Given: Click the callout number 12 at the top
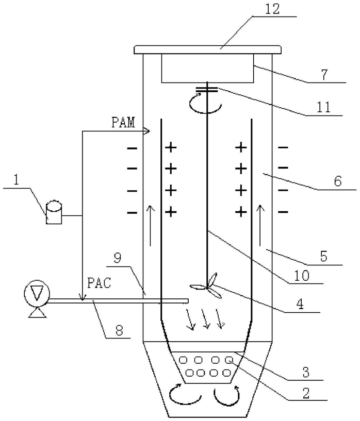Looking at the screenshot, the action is pyautogui.click(x=272, y=9).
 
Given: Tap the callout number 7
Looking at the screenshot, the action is pyautogui.click(x=324, y=74).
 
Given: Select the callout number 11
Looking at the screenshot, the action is pyautogui.click(x=323, y=107).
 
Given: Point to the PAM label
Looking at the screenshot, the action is pyautogui.click(x=123, y=123).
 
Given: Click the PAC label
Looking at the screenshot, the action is pyautogui.click(x=99, y=283).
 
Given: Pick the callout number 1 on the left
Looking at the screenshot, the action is pyautogui.click(x=17, y=180).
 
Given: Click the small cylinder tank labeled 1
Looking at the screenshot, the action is pyautogui.click(x=54, y=212).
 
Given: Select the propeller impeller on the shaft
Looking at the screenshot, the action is pyautogui.click(x=206, y=285).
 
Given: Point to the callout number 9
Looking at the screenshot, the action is pyautogui.click(x=118, y=258).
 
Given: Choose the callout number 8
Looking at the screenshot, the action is pyautogui.click(x=119, y=330).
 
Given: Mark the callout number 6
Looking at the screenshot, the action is pyautogui.click(x=338, y=181).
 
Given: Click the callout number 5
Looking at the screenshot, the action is pyautogui.click(x=324, y=257).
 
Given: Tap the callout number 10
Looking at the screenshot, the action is pyautogui.click(x=302, y=276).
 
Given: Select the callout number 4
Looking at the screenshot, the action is pyautogui.click(x=300, y=304).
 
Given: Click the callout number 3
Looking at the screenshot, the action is pyautogui.click(x=306, y=373).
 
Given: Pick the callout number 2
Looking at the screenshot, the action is pyautogui.click(x=306, y=393).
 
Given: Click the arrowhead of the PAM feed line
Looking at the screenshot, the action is pyautogui.click(x=146, y=131).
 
